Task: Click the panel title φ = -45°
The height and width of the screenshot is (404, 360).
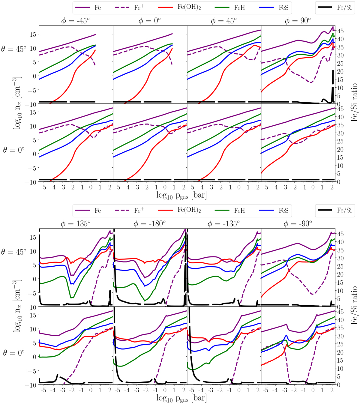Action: (76, 21)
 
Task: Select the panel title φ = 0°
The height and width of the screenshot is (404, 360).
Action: (150, 21)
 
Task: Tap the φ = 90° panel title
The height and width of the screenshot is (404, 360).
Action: (298, 21)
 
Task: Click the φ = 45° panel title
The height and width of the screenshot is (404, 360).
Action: (224, 21)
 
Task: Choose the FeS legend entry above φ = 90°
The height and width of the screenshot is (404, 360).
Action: (283, 8)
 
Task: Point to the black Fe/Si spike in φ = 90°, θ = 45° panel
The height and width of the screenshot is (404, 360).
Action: (333, 81)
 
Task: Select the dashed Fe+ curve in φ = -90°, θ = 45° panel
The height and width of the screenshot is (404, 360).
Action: (300, 282)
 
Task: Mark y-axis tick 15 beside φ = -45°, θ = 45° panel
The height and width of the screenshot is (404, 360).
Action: (33, 34)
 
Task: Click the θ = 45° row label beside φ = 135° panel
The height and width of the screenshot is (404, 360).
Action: (13, 252)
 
